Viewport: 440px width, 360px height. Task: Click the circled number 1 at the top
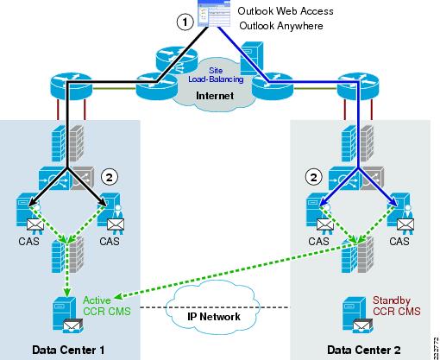click(x=182, y=23)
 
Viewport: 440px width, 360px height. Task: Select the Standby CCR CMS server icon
click(x=355, y=313)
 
